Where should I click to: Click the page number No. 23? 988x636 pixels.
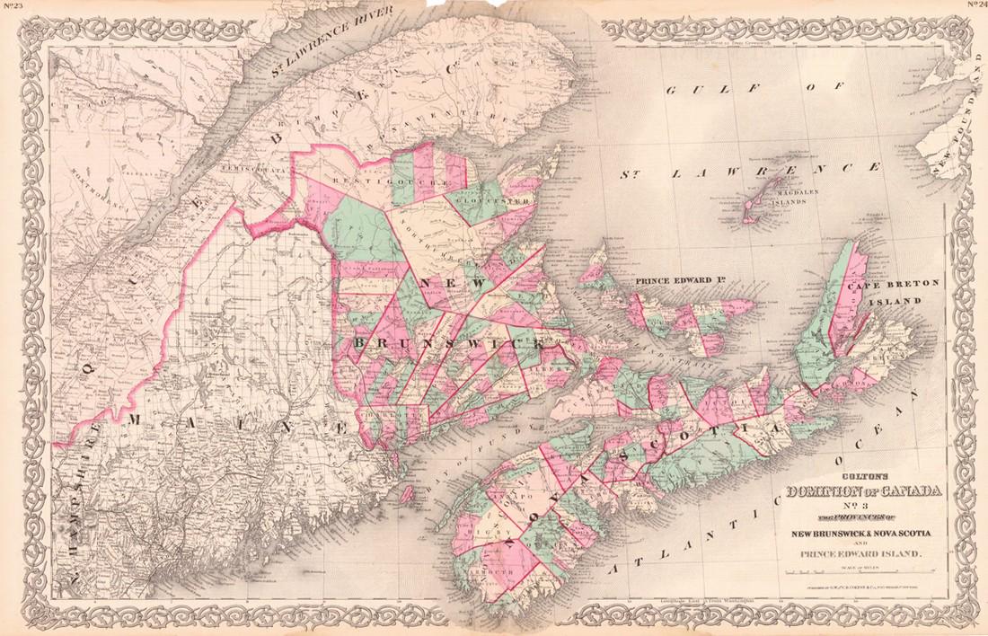12,6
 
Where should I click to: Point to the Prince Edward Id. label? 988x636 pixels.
679,282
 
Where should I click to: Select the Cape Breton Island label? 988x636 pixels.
893,291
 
